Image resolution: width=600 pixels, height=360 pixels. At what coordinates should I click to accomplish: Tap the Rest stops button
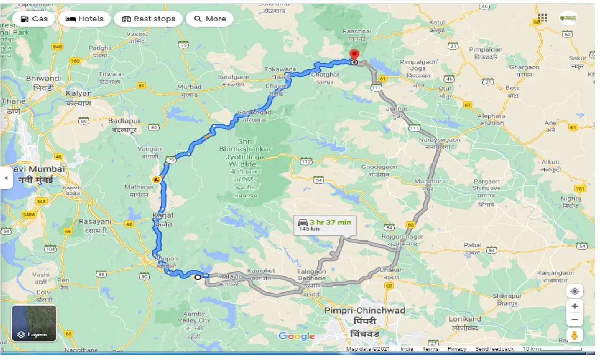click(x=148, y=19)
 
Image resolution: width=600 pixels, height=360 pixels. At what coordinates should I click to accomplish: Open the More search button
click(x=210, y=19)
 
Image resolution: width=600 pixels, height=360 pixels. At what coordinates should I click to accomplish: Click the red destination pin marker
click(x=354, y=55)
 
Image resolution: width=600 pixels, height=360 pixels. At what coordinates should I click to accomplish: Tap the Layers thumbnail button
click(x=34, y=323)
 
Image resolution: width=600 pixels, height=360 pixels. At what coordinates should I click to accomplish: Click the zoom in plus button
click(x=574, y=306)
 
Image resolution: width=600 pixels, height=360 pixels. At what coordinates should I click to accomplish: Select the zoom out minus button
click(x=574, y=320)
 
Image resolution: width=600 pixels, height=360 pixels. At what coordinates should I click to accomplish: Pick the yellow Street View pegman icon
click(x=574, y=335)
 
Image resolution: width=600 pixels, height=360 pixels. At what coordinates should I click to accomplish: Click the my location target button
click(x=574, y=291)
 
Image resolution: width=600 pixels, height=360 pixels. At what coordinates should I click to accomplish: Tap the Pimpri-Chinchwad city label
click(x=365, y=310)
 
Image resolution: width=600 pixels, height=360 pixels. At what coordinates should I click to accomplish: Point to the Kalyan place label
click(x=79, y=93)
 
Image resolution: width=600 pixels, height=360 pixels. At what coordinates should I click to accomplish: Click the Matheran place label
click(x=139, y=187)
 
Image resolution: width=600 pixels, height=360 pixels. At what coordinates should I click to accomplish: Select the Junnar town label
click(x=397, y=109)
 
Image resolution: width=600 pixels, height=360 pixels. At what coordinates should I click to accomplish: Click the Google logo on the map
click(x=297, y=336)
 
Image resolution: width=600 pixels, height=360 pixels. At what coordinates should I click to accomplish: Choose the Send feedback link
click(x=494, y=349)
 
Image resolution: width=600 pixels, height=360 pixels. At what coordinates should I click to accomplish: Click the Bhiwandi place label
click(x=44, y=79)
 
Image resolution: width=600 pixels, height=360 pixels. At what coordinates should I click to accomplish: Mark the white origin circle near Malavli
click(x=198, y=277)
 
